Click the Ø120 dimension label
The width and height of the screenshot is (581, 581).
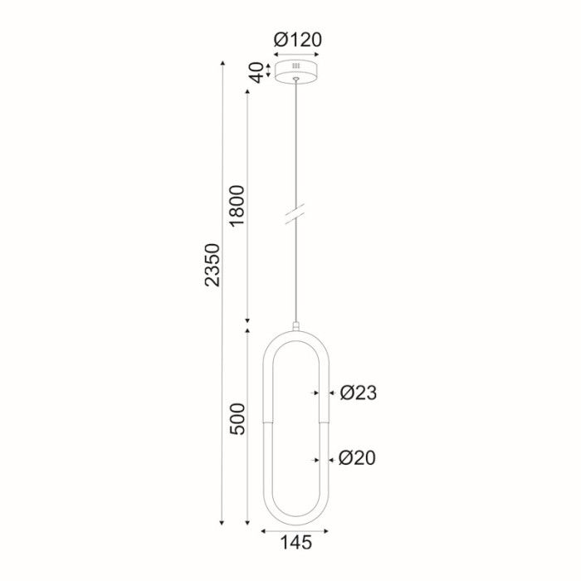[x=297, y=39]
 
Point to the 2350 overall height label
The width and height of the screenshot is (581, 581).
[x=212, y=265]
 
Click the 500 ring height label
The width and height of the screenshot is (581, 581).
[x=237, y=422]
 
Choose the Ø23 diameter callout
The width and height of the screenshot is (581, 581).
[x=359, y=393]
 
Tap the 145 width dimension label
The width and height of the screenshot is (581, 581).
[x=296, y=544]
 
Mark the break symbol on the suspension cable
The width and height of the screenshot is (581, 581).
[x=296, y=213]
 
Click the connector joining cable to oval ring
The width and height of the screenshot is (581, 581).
[x=296, y=325]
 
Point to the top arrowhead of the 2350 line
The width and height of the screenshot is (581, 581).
[x=222, y=63]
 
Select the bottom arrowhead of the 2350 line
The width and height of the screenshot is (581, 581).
[x=222, y=523]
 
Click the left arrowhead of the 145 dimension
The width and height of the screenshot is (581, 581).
[x=264, y=529]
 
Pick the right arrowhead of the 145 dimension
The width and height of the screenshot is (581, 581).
[x=329, y=529]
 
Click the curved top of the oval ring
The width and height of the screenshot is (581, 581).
[x=296, y=334]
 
